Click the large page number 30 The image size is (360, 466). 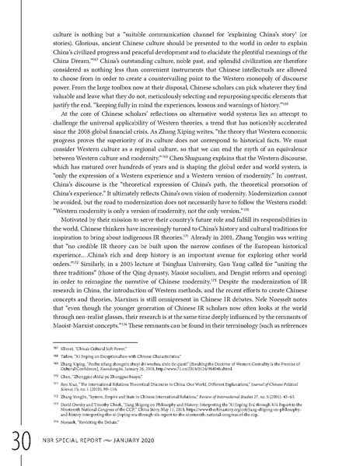click(16, 443)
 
